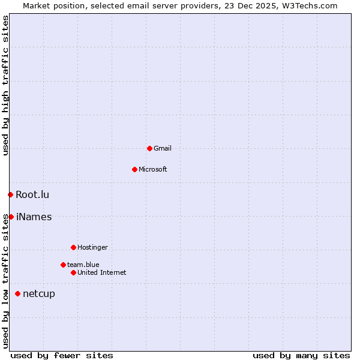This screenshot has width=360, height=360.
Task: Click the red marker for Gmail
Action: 149,148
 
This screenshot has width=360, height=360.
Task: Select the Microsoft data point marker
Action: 134,169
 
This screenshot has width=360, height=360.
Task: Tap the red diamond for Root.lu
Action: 10,194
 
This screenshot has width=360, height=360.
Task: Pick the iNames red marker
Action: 11,217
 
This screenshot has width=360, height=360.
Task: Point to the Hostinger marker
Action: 73,247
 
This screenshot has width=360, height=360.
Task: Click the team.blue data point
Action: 63,265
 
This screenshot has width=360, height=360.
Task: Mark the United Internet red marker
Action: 73,272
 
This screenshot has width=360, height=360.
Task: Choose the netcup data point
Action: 17,293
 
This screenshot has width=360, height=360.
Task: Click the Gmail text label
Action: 163,148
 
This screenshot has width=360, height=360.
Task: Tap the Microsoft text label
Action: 153,169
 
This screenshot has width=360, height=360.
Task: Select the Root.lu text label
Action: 32,194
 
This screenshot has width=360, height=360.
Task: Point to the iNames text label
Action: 34,217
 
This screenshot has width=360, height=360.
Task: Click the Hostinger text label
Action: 93,247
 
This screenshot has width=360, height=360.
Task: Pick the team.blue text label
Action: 83,265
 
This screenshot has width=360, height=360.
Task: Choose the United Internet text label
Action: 102,272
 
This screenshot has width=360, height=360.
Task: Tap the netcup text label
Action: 39,294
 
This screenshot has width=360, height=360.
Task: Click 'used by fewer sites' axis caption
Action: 62,355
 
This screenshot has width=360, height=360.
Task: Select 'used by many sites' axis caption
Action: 301,355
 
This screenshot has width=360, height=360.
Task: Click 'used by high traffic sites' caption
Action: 5,85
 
